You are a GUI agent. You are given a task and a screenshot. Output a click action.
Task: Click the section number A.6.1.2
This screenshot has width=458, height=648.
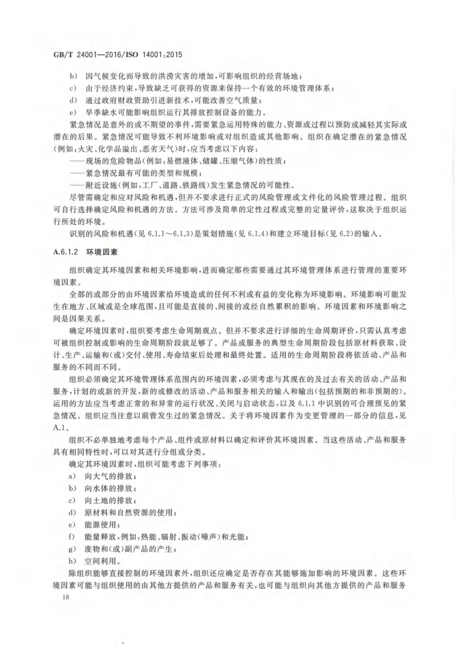[65, 252]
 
